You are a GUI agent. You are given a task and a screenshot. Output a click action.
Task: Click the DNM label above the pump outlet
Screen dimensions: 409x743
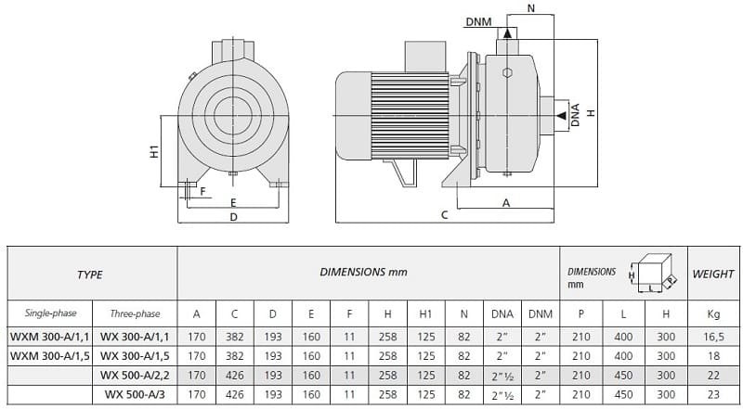click(x=479, y=20)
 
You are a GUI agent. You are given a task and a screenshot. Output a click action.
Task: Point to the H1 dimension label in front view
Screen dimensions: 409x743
click(x=154, y=151)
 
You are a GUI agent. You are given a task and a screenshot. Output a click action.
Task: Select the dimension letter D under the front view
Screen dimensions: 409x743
click(x=234, y=217)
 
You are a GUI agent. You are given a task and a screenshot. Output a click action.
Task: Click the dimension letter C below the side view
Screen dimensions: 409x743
click(x=445, y=215)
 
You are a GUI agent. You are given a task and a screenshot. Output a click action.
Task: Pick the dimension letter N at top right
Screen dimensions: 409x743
click(x=530, y=7)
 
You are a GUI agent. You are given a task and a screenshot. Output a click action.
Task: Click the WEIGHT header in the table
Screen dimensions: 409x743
click(x=713, y=275)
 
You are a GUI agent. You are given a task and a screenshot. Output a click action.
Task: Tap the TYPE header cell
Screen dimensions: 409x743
click(x=90, y=275)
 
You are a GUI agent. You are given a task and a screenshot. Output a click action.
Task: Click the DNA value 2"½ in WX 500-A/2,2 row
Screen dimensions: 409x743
click(x=502, y=376)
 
